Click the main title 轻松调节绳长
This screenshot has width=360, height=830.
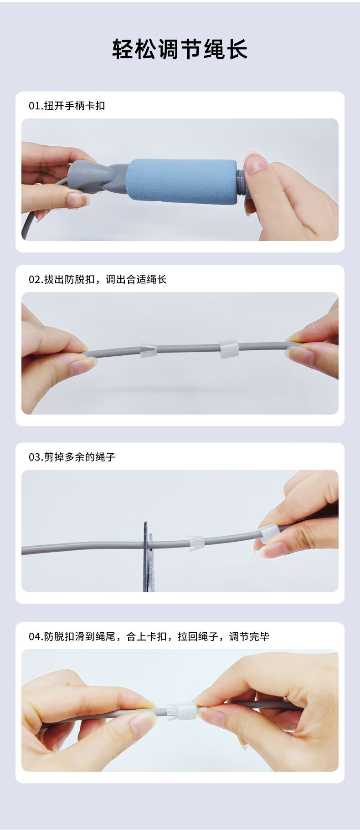pos(180,49)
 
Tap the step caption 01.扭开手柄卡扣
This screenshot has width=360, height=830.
pos(67,106)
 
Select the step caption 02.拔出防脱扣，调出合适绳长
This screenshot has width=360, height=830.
pos(98,279)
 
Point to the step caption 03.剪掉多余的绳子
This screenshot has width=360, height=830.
pos(72,457)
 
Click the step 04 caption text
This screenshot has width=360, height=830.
pos(149,636)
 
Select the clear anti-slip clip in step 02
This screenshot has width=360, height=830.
pos(149,349)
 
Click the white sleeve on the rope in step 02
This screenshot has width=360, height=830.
pos(229,348)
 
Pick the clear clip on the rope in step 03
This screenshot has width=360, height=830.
pos(197,543)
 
